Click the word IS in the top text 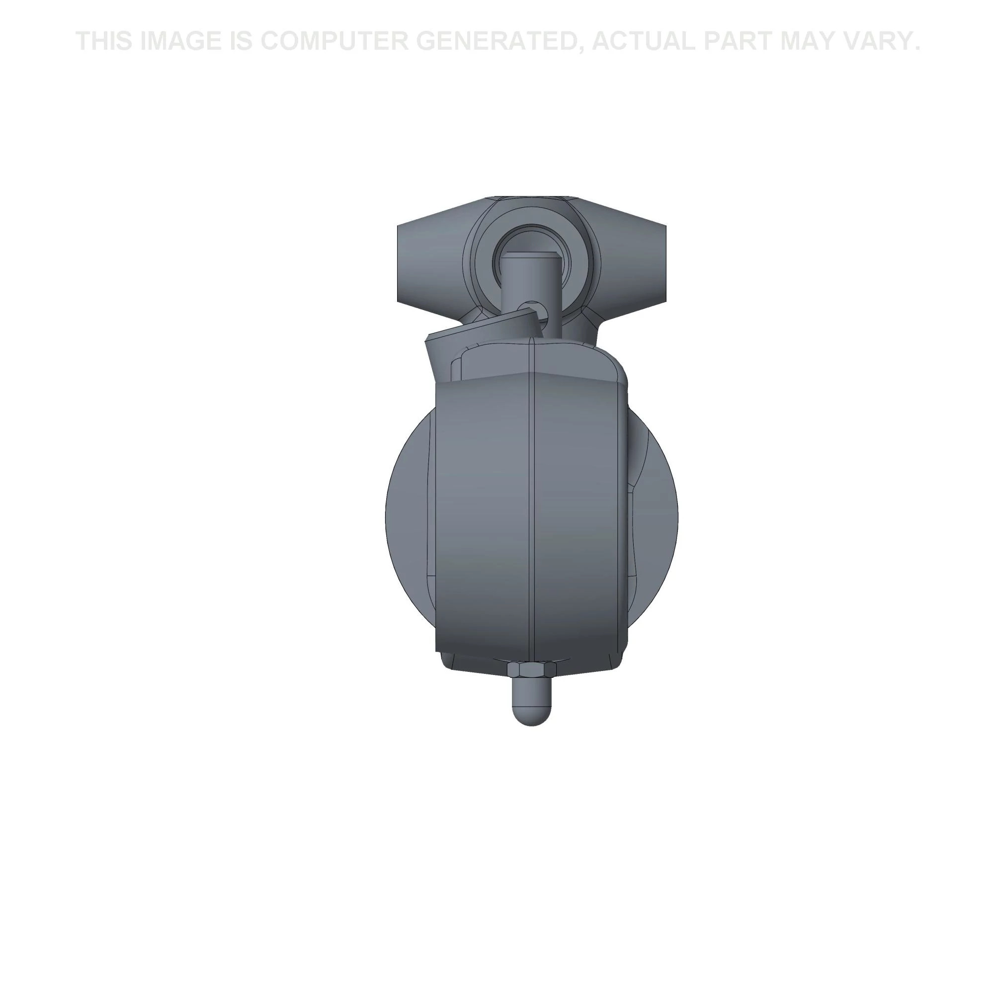pyautogui.click(x=241, y=41)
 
